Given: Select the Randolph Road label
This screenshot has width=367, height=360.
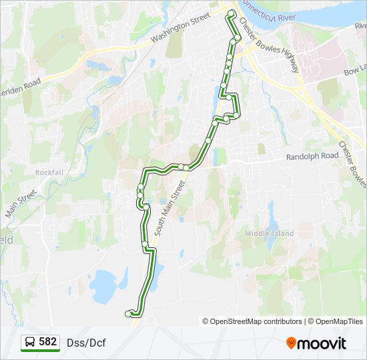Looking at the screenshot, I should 312,156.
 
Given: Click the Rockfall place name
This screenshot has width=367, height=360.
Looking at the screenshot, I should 49,172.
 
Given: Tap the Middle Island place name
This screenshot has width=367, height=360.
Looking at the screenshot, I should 270,233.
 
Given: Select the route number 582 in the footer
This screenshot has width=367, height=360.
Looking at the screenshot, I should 48,342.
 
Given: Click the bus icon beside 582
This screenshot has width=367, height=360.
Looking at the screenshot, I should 31,343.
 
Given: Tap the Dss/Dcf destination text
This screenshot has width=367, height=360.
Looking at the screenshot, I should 86,343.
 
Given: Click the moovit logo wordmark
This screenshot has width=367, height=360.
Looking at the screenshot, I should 322,343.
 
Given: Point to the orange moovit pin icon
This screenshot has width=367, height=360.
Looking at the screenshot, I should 291,343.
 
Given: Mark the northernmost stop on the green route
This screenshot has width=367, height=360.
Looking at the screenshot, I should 232,13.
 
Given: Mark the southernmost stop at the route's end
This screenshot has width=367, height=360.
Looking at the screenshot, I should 128,313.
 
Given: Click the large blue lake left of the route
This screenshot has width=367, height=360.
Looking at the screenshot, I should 103,285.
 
